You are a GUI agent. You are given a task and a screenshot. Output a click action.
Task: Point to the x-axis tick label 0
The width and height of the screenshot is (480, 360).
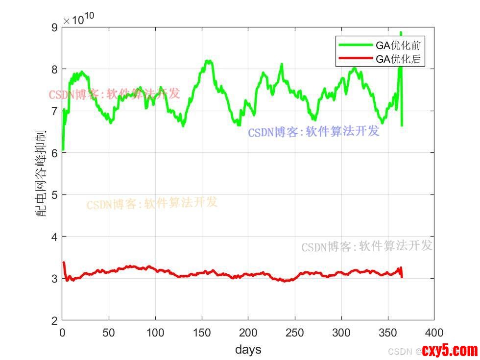tap(62, 332)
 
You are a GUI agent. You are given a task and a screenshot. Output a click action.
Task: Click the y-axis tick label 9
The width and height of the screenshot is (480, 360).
tap(54, 27)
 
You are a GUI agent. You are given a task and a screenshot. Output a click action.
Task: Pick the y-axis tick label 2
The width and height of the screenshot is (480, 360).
tap(54, 320)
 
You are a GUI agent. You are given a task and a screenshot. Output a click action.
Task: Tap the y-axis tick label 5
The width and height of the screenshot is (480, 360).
tap(54, 195)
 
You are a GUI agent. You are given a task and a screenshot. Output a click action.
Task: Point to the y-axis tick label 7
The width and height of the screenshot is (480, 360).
tap(54, 111)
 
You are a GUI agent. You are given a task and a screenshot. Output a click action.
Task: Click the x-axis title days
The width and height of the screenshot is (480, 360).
tap(248, 349)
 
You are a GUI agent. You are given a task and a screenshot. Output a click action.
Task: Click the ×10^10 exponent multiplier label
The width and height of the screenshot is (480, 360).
tap(78, 20)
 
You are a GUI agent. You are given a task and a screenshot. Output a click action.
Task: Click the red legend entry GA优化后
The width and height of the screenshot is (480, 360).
tap(398, 60)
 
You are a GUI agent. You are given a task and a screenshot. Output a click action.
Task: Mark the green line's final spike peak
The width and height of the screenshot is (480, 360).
tap(401, 33)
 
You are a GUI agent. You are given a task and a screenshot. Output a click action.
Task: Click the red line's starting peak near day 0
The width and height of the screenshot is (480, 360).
tap(64, 263)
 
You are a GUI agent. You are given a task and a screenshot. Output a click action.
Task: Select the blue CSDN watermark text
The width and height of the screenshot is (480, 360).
tap(313, 131)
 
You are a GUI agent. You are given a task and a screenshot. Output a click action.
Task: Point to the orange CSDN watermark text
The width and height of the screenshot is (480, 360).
tap(152, 203)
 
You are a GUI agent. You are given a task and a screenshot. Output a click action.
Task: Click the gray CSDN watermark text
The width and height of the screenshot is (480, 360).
tap(366, 246)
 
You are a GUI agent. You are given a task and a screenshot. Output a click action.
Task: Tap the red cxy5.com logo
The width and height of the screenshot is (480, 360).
tap(449, 350)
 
